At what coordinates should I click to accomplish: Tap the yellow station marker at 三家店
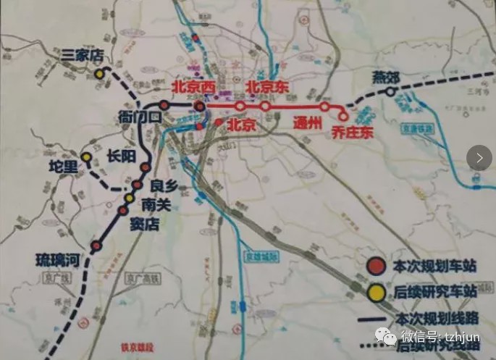coord(98,74)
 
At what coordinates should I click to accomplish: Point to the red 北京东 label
coord(269,87)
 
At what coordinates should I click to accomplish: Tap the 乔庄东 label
coord(350,132)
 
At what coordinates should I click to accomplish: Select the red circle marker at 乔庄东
coord(343,115)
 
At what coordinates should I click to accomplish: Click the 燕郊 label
coord(385,78)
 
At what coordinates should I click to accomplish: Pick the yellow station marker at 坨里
coord(86,157)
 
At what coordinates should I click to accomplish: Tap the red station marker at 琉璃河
coord(95,247)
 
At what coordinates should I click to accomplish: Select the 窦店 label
coord(143,224)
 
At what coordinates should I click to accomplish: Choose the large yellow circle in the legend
coord(375,293)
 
